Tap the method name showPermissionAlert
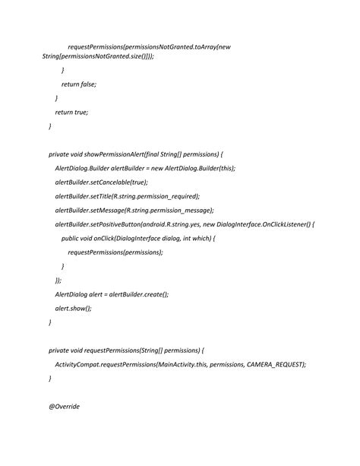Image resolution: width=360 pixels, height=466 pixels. [x=114, y=154]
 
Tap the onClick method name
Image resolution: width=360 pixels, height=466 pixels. [x=100, y=238]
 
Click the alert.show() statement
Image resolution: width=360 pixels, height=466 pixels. [x=73, y=308]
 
